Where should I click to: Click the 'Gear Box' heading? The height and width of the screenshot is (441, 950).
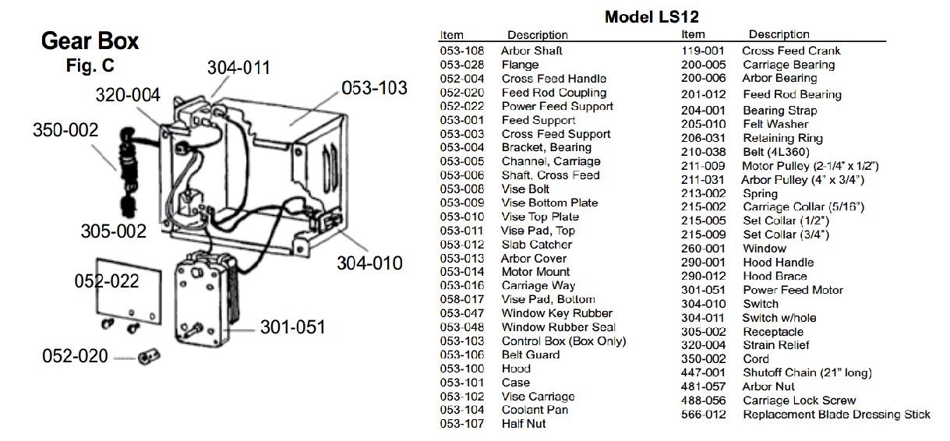click(90, 41)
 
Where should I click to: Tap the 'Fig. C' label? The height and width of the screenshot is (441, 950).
click(90, 65)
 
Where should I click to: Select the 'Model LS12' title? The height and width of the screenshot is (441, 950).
click(652, 17)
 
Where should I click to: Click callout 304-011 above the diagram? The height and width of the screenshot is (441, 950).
click(238, 68)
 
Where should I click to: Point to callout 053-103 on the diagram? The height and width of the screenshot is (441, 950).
click(375, 88)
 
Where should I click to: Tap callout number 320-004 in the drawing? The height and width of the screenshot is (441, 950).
click(128, 95)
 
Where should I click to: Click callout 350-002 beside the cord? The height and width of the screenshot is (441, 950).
click(65, 130)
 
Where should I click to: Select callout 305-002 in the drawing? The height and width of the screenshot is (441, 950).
click(113, 231)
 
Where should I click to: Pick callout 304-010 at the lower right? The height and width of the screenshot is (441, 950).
click(369, 263)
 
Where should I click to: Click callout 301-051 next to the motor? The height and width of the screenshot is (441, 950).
click(292, 327)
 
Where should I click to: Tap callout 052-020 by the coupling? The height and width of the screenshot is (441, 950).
click(75, 356)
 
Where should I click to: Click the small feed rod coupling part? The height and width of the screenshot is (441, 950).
click(149, 357)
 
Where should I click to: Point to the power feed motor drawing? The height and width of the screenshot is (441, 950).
click(207, 298)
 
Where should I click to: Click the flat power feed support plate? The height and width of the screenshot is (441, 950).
click(129, 291)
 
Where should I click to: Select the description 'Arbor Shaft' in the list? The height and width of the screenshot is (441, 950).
click(532, 51)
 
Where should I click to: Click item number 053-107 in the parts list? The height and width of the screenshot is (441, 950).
click(462, 424)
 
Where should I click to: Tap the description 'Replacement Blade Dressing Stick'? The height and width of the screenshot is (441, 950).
click(836, 415)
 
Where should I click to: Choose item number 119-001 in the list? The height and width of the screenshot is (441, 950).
click(703, 51)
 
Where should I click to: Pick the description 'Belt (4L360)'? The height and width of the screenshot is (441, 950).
click(776, 152)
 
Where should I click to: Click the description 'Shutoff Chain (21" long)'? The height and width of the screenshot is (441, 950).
click(807, 372)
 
